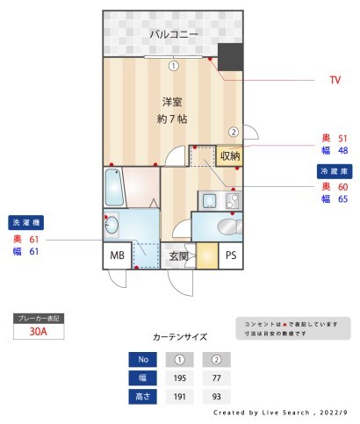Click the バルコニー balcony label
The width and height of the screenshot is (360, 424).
tap(173, 34)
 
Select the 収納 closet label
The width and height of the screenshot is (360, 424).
tap(230, 155)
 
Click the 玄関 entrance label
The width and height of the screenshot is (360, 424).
tap(179, 256)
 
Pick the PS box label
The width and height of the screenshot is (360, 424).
tap(231, 255)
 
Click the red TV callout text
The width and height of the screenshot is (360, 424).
tap(335, 80)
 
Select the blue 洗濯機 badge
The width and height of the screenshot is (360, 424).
tap(25, 222)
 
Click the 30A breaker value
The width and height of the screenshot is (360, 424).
tap(39, 332)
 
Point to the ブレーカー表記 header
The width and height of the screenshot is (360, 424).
tap(40, 318)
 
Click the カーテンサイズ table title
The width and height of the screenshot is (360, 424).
tap(180, 336)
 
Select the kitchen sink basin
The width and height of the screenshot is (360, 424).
tap(210, 201)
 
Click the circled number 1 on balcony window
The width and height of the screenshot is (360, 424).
tap(174, 65)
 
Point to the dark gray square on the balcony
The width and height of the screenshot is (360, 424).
tap(230, 57)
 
